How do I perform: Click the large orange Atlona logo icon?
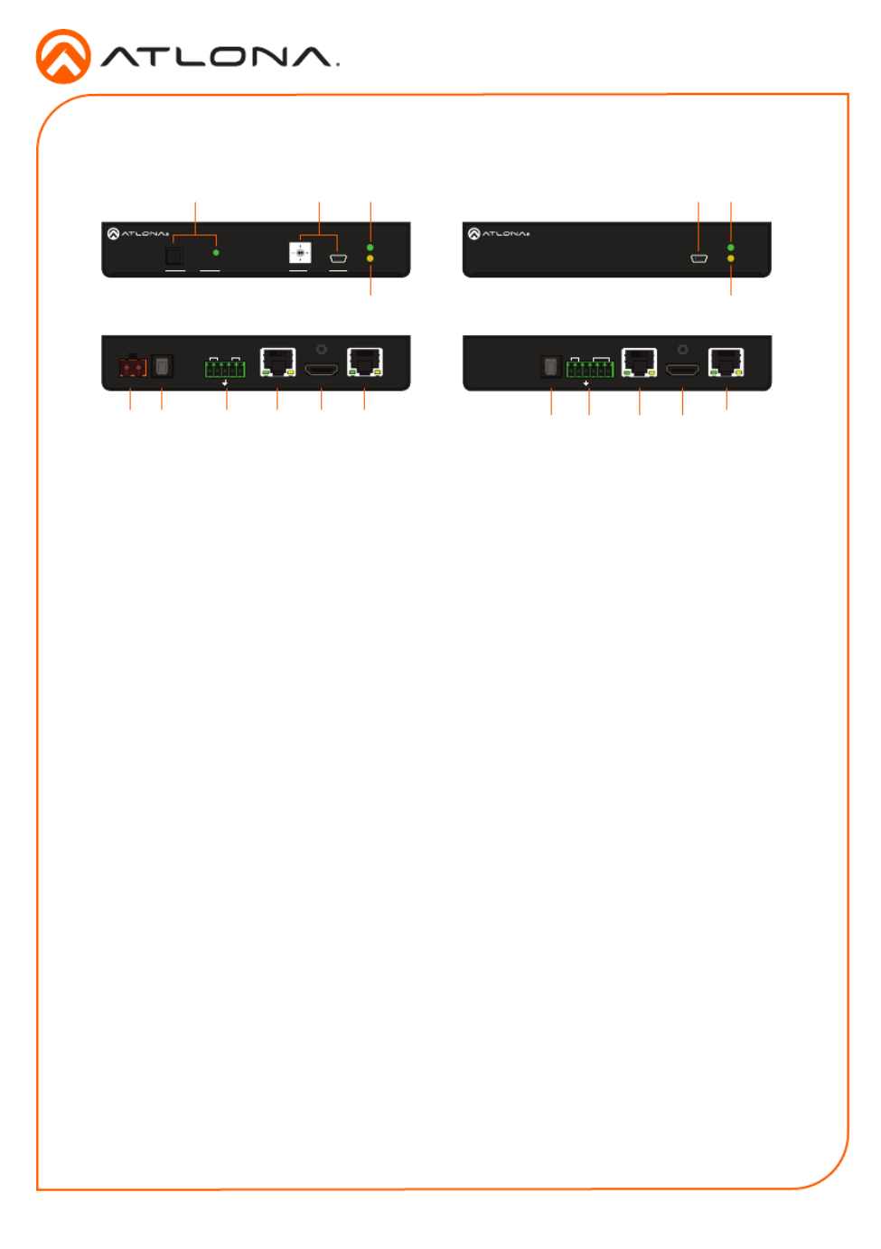(x=63, y=56)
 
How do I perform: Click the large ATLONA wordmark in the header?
(x=220, y=57)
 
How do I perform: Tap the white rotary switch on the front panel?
(x=300, y=253)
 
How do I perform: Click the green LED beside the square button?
(x=216, y=252)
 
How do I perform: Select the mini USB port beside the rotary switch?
(x=339, y=258)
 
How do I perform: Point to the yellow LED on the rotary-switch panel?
(x=370, y=258)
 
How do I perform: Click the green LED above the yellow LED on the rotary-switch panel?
(x=370, y=247)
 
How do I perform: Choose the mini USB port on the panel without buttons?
(x=698, y=258)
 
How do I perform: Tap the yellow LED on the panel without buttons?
(x=730, y=258)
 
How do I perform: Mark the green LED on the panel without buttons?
(x=730, y=247)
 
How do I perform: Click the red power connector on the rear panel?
(x=133, y=366)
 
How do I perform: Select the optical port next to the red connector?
(x=162, y=366)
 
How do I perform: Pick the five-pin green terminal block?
(x=225, y=369)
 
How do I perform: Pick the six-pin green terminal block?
(x=589, y=369)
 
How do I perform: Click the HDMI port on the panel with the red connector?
(x=321, y=369)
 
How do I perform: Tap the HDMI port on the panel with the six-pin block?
(x=682, y=369)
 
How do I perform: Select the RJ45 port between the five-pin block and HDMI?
(x=277, y=362)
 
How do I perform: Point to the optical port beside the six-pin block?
(x=550, y=366)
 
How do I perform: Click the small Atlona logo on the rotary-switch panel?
(x=137, y=234)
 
